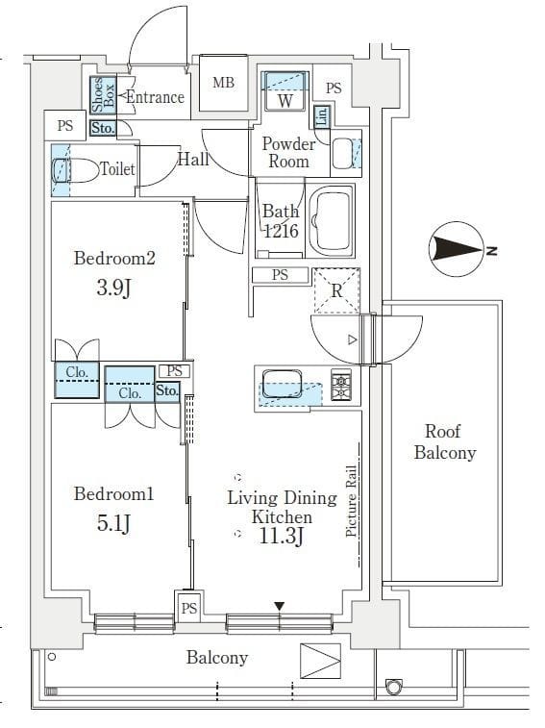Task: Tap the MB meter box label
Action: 223,83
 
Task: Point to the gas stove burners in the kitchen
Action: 341,386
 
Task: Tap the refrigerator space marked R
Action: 336,289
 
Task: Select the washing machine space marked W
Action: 285,100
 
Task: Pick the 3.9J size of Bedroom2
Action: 114,288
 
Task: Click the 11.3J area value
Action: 281,537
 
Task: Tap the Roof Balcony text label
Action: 444,441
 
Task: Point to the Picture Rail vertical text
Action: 352,499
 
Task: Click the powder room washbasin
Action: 343,155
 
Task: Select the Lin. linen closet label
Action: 321,117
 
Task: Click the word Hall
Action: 193,160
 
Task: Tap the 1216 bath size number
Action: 282,231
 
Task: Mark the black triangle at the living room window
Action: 279,606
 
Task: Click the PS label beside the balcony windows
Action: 189,608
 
